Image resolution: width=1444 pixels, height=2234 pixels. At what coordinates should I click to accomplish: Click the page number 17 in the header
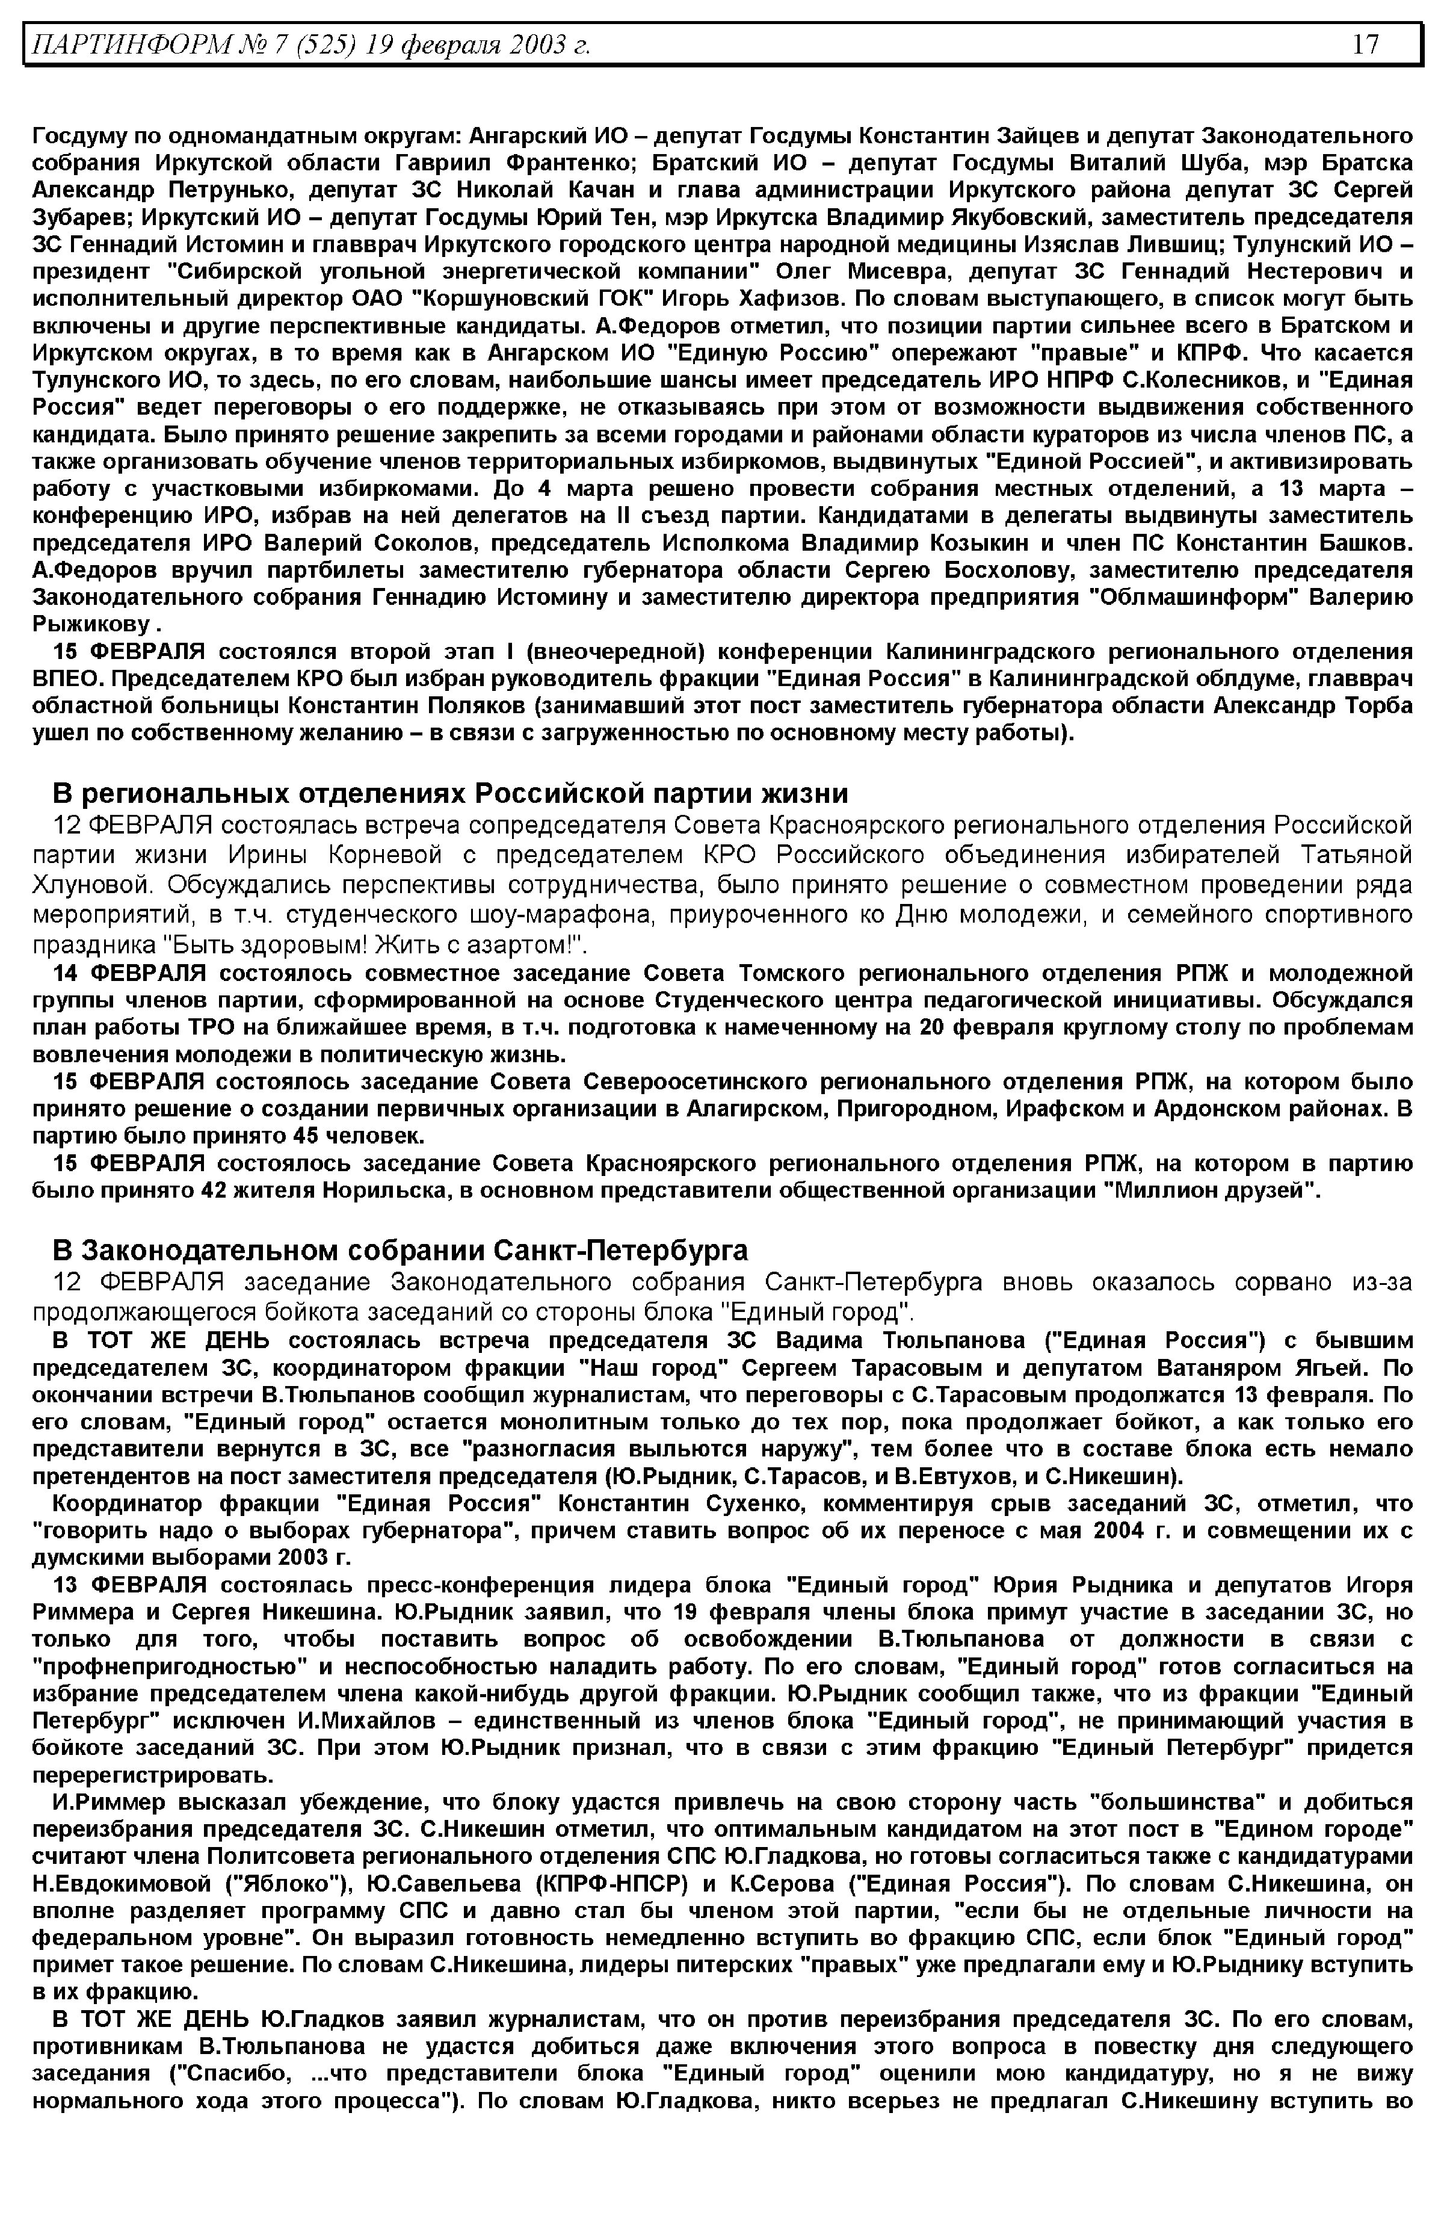1365,44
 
